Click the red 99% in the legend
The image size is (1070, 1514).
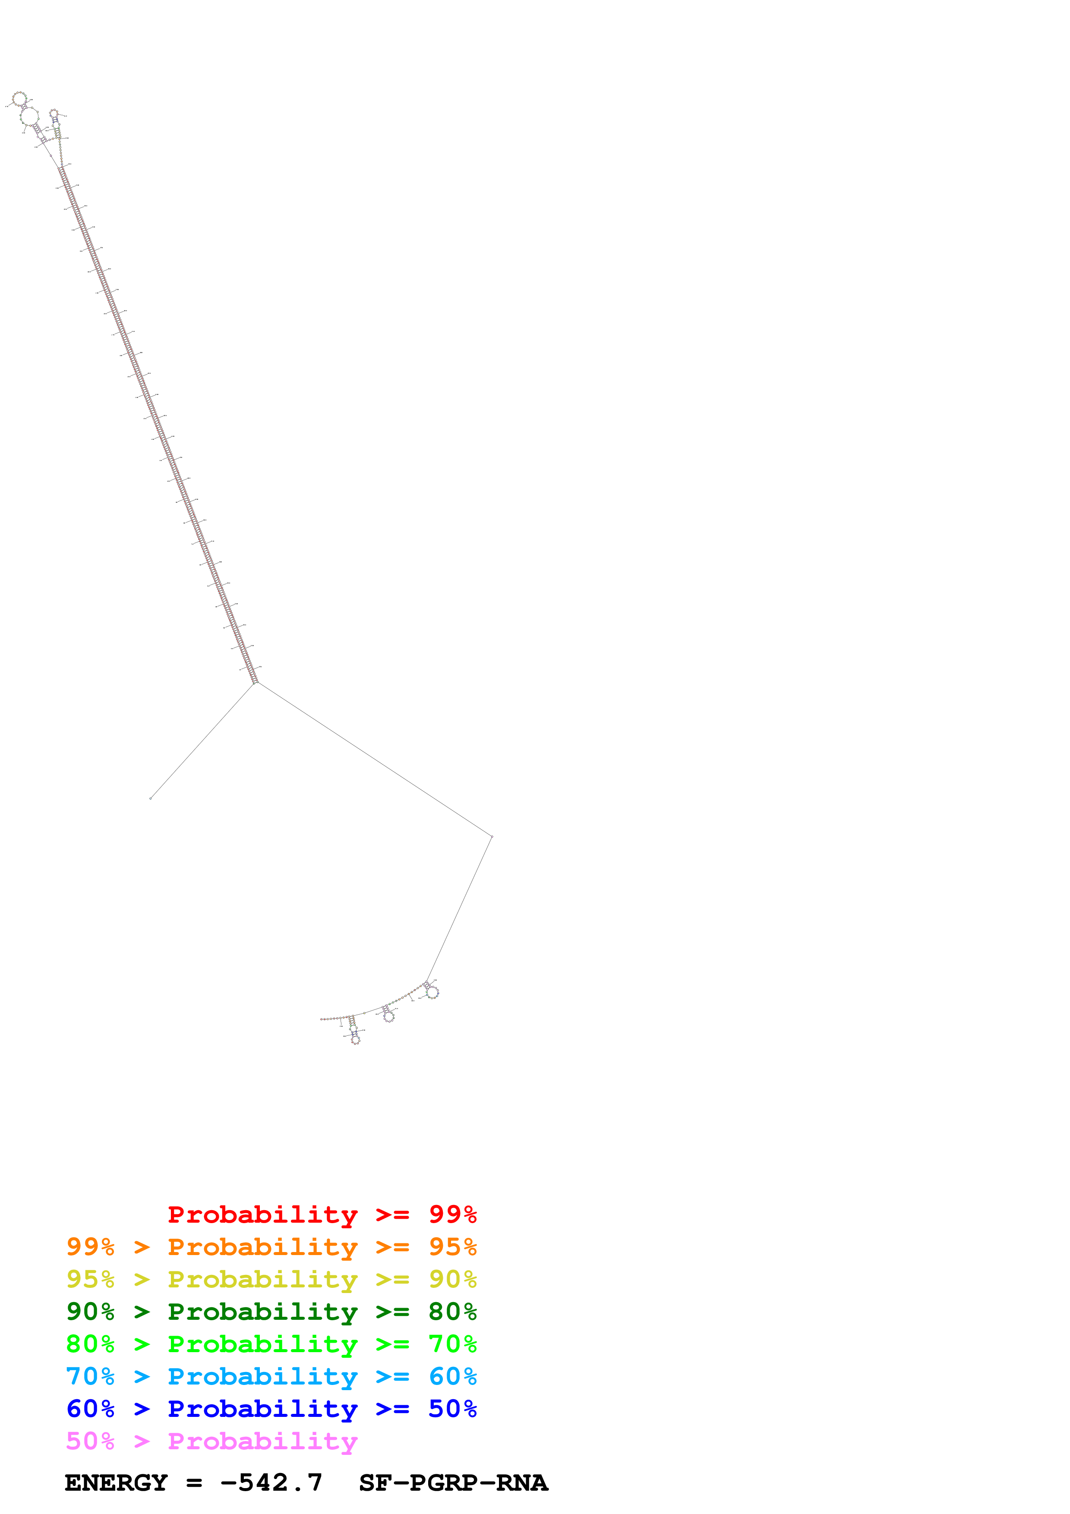click(x=452, y=1214)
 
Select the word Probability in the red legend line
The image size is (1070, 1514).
click(x=262, y=1214)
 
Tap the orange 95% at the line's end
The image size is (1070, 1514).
click(x=452, y=1247)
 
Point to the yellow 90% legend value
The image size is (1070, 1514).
click(x=452, y=1279)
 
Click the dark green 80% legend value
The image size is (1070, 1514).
click(x=452, y=1312)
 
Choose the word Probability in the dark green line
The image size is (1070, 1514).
click(x=262, y=1312)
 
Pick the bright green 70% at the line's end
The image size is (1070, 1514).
click(x=452, y=1344)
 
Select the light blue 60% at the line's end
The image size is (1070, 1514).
click(x=452, y=1376)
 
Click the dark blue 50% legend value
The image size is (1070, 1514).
click(x=452, y=1409)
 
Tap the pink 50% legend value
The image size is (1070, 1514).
click(x=90, y=1441)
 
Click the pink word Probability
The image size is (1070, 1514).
click(x=262, y=1441)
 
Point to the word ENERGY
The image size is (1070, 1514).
click(x=116, y=1483)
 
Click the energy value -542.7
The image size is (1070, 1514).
click(x=271, y=1483)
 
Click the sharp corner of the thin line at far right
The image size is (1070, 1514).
click(x=492, y=837)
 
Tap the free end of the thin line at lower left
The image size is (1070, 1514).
click(x=151, y=798)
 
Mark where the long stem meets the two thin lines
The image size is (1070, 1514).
click(x=256, y=682)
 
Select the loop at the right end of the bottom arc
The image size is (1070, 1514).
click(x=432, y=992)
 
